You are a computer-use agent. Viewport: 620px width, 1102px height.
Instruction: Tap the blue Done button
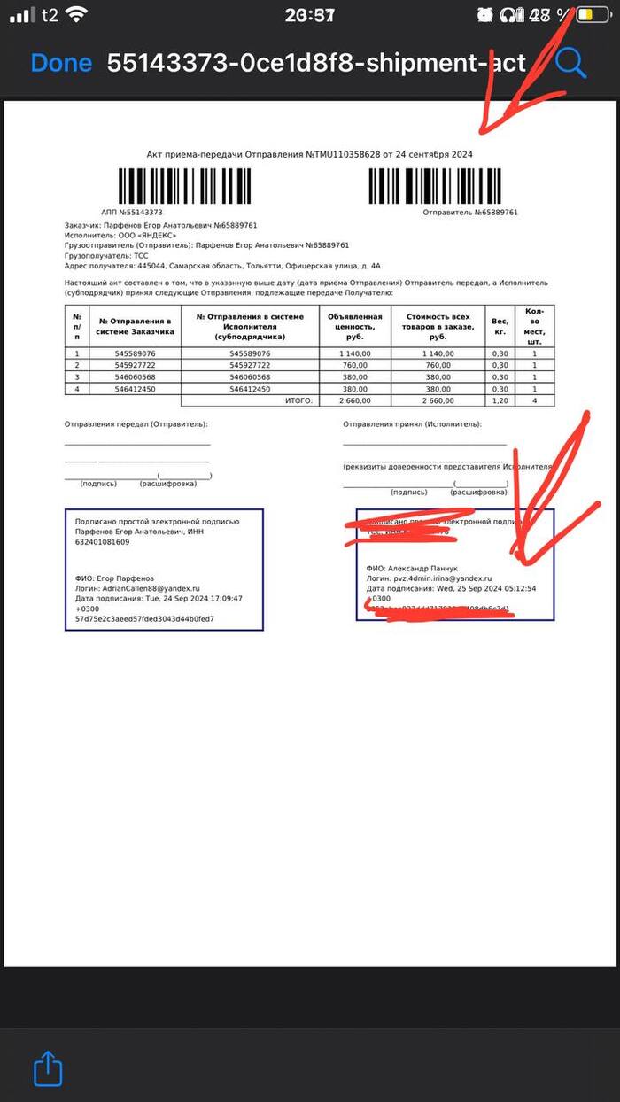pyautogui.click(x=61, y=63)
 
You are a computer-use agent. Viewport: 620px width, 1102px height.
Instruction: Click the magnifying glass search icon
pyautogui.click(x=571, y=62)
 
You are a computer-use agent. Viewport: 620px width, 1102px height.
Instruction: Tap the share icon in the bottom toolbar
pyautogui.click(x=48, y=1068)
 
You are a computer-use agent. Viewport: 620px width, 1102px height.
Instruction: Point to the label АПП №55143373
pyautogui.click(x=133, y=213)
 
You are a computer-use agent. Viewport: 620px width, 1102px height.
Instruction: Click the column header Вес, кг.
pyautogui.click(x=500, y=326)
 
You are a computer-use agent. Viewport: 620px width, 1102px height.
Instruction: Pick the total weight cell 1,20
pyautogui.click(x=500, y=400)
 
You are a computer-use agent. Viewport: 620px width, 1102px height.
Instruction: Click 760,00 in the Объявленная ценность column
pyautogui.click(x=355, y=366)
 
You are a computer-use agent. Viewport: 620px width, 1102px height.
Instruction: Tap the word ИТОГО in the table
pyautogui.click(x=298, y=400)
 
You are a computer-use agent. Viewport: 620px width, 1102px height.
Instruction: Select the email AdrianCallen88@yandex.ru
pyautogui.click(x=151, y=588)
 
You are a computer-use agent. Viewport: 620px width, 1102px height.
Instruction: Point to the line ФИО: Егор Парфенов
pyautogui.click(x=114, y=578)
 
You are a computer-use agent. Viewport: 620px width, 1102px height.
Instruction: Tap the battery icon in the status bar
pyautogui.click(x=588, y=15)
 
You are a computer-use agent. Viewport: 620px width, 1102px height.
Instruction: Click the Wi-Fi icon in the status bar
pyautogui.click(x=77, y=14)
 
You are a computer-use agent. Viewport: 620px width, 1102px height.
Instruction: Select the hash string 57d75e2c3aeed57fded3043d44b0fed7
pyautogui.click(x=144, y=619)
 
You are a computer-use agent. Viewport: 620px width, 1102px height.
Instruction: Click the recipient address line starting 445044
pyautogui.click(x=222, y=265)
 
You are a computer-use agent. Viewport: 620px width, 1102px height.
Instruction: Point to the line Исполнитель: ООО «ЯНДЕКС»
pyautogui.click(x=120, y=235)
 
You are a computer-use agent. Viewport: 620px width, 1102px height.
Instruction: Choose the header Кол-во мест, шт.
pyautogui.click(x=534, y=326)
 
